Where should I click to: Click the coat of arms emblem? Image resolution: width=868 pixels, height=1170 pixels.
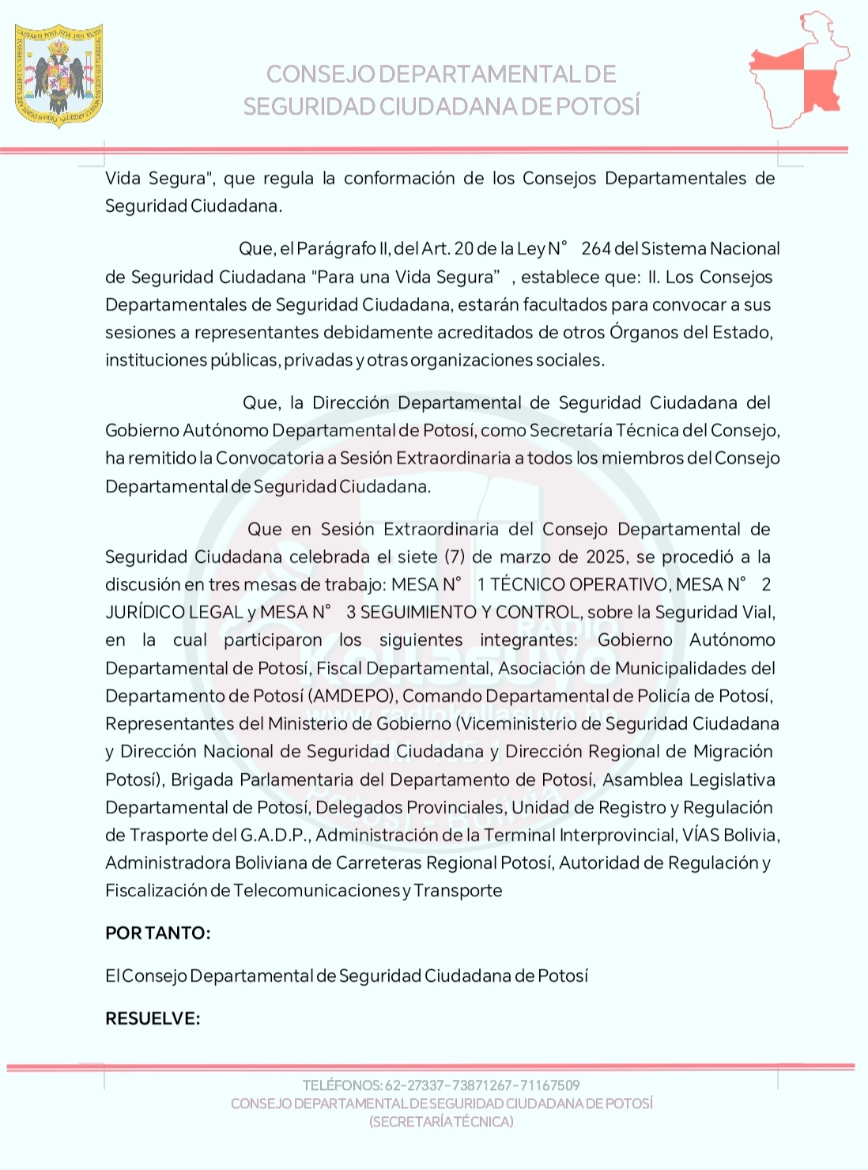point(59,75)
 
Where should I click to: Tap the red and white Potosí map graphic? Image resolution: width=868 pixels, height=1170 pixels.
point(798,71)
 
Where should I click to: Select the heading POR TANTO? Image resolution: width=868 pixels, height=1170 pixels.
point(158,933)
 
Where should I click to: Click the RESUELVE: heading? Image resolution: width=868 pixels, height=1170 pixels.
point(153,1018)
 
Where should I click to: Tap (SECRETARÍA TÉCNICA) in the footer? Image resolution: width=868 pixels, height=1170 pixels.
point(441,1122)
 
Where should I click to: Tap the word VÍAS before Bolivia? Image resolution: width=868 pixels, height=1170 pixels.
point(700,835)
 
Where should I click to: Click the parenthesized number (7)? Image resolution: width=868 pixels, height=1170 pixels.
point(455,557)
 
